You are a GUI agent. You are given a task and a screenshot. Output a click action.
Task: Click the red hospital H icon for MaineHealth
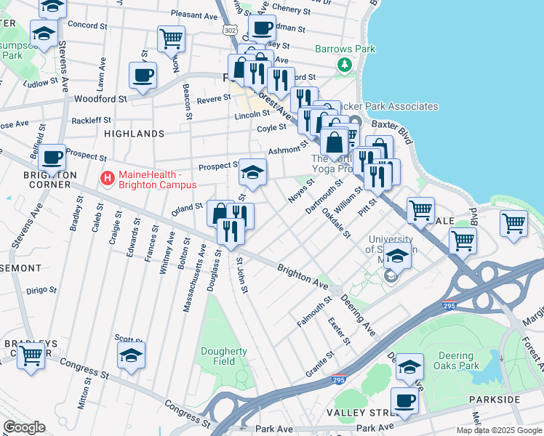tap(108, 177)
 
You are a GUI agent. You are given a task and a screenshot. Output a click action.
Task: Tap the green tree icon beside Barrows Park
tap(343, 65)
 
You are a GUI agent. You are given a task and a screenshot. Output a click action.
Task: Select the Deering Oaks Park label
tap(459, 360)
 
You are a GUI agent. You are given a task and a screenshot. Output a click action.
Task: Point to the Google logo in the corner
tap(24, 427)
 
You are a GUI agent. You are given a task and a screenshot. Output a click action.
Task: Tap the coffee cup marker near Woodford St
tap(143, 75)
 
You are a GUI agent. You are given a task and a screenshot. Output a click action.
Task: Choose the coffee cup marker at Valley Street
tap(404, 400)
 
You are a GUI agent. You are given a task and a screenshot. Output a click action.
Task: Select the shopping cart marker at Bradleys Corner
tap(31, 356)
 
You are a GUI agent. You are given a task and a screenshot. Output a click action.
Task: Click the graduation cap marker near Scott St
tap(132, 356)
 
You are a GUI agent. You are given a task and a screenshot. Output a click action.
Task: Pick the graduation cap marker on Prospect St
tap(252, 172)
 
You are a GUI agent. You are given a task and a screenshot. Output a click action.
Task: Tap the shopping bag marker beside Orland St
tap(220, 214)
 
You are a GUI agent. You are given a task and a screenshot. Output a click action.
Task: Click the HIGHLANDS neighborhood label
tap(134, 134)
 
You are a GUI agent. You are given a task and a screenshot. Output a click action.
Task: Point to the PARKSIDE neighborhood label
tap(515, 400)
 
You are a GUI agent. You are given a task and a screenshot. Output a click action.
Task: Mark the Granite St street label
tap(319, 363)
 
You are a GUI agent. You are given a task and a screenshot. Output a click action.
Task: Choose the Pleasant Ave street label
tap(194, 14)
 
